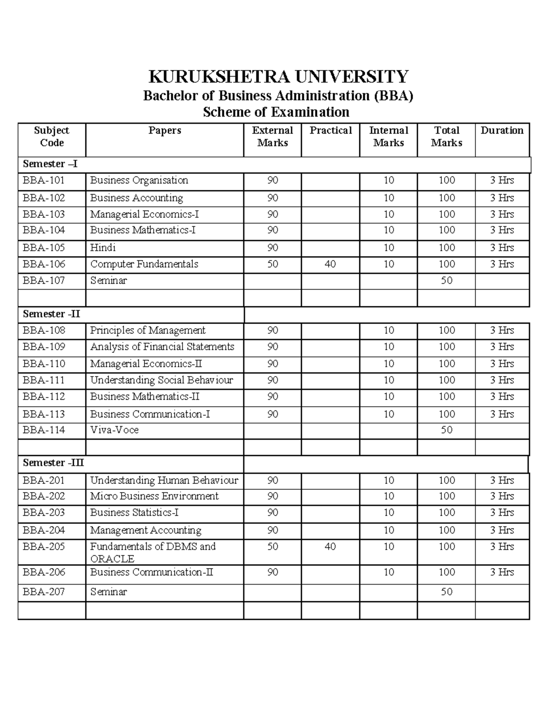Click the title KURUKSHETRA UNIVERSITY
[x=278, y=76]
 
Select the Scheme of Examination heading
[x=276, y=112]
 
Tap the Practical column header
[x=330, y=130]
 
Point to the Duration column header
[x=502, y=130]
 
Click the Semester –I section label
[x=51, y=164]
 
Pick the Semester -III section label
[x=53, y=463]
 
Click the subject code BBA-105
[x=44, y=247]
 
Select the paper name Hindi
[x=103, y=247]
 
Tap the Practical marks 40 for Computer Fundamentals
[x=330, y=264]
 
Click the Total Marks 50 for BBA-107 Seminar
[x=446, y=280]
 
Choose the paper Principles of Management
[x=148, y=330]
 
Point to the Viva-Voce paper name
[x=114, y=430]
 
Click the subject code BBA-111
[x=44, y=380]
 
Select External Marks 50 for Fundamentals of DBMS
[x=272, y=546]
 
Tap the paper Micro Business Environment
[x=154, y=496]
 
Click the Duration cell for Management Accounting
[x=502, y=530]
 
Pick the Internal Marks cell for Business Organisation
[x=389, y=180]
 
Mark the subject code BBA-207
[x=44, y=591]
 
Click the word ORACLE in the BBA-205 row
[x=112, y=559]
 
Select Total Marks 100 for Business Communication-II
[x=446, y=572]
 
